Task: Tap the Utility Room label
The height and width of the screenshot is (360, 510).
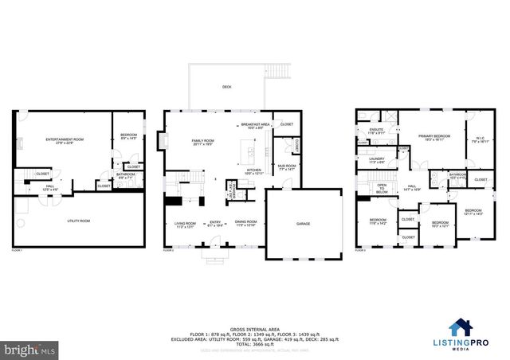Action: [77, 220]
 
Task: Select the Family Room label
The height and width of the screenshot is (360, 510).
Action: [203, 142]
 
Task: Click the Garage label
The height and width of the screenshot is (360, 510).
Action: [303, 224]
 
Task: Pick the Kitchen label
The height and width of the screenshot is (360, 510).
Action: [253, 170]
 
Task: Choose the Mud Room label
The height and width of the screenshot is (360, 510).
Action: [285, 167]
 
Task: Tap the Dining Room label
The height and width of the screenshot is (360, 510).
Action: [245, 223]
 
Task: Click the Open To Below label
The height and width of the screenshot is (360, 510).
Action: [382, 189]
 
